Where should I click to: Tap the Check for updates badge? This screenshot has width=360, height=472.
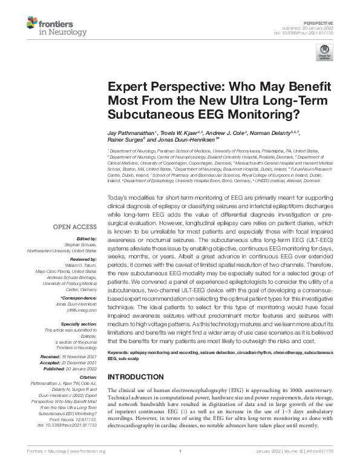[x=327, y=53]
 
